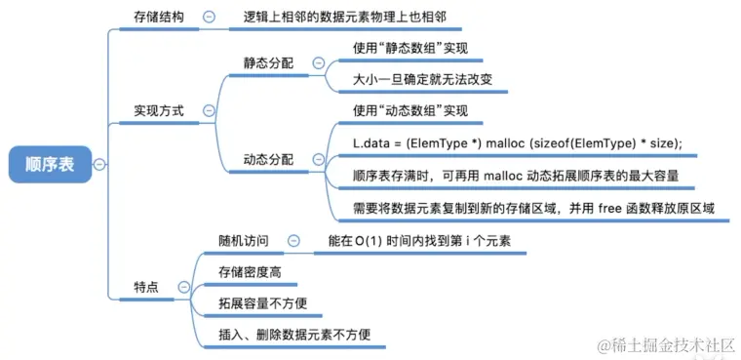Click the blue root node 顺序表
click(50, 164)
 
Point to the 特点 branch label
click(147, 286)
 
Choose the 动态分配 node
click(267, 158)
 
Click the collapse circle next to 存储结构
click(209, 17)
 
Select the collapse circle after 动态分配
click(318, 158)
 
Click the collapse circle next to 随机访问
click(292, 239)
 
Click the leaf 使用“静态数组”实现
click(410, 46)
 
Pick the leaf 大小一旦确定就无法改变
click(423, 78)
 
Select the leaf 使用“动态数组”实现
click(410, 110)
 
